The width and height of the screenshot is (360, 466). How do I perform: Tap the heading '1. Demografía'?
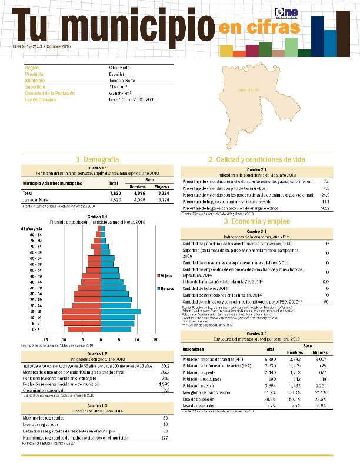(98, 159)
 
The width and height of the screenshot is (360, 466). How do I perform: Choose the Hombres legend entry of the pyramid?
(165, 288)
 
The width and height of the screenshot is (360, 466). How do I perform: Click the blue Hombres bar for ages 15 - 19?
(121, 311)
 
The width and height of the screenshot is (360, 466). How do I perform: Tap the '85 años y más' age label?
(31, 228)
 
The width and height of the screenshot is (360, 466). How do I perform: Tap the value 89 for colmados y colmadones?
(325, 302)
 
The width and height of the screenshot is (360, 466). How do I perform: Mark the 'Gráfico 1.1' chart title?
(98, 217)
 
